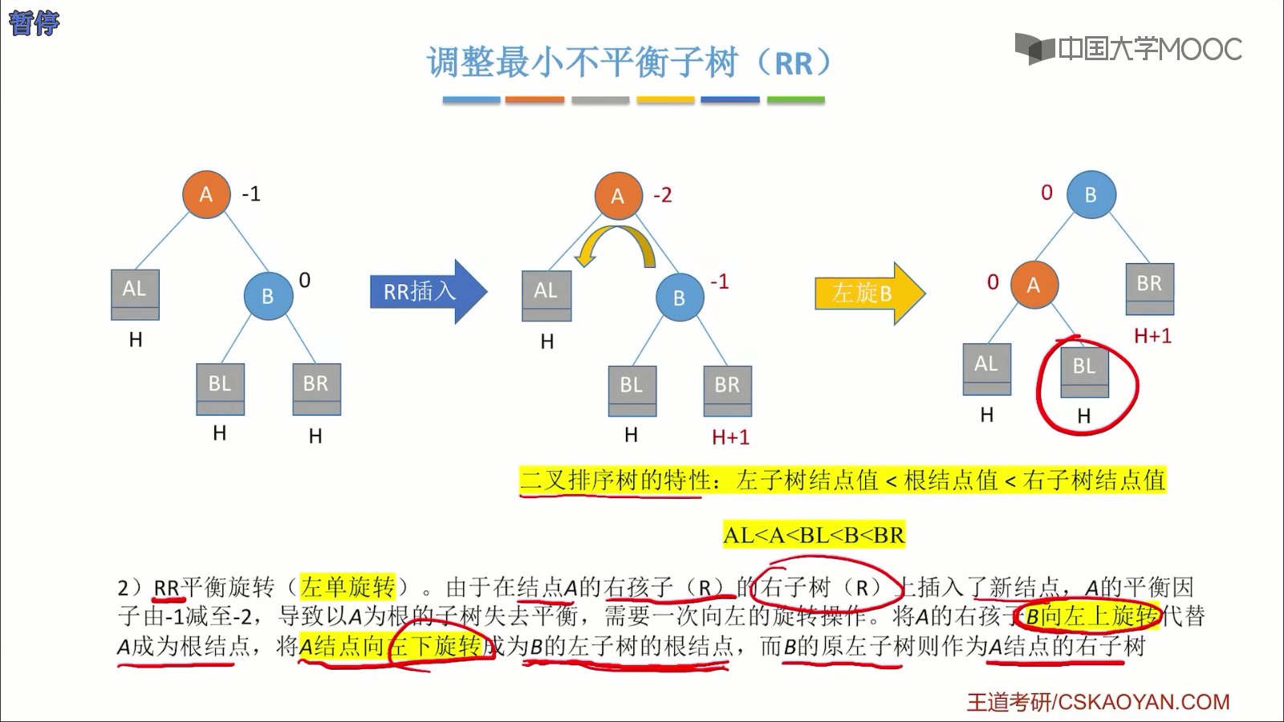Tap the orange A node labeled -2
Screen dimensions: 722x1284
pos(618,196)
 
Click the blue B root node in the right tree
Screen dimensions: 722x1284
pos(1091,195)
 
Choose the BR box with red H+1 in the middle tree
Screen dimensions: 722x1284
pos(727,391)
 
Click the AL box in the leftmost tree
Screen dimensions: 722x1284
pos(135,294)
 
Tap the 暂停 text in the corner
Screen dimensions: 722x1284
pos(34,22)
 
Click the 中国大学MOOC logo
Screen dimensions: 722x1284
pos(1128,49)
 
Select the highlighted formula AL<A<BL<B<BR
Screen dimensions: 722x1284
pos(814,535)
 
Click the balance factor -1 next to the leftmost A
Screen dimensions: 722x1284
pos(251,194)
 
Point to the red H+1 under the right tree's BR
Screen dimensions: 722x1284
pos(1152,336)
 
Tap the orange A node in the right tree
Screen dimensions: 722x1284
pos(1033,285)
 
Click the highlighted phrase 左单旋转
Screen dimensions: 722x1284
pos(347,587)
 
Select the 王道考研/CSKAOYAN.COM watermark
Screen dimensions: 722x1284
pos(1098,702)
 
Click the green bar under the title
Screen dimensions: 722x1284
pos(795,100)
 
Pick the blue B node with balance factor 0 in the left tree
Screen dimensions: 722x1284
pos(268,296)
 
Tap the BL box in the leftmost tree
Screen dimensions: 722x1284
pos(220,389)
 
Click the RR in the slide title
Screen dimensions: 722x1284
pos(794,63)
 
